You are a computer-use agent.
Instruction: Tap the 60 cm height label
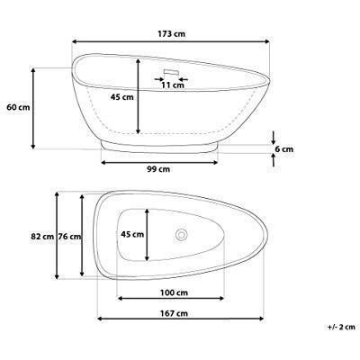[x=14, y=107]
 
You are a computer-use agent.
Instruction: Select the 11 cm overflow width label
[x=166, y=86]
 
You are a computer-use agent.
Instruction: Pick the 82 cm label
[x=41, y=237]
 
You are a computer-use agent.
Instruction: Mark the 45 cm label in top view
[x=132, y=234]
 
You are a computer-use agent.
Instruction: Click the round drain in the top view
[x=183, y=235]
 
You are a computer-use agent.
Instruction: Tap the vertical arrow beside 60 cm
[x=33, y=107]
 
